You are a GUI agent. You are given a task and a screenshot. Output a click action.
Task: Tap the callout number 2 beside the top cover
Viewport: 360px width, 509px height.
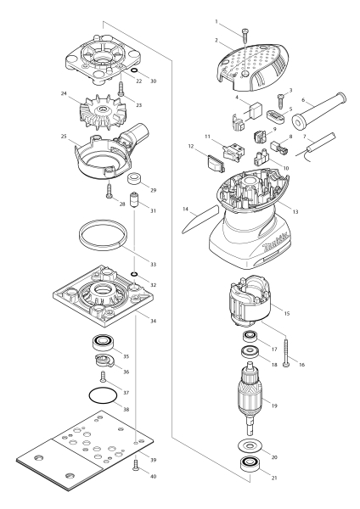tap(217, 40)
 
